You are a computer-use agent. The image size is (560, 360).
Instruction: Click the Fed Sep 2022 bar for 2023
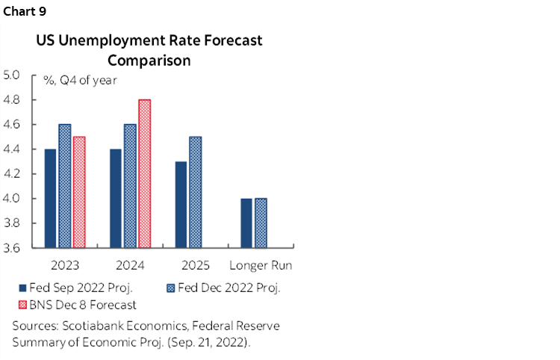click(x=50, y=198)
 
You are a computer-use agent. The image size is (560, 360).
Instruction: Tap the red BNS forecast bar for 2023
click(x=80, y=192)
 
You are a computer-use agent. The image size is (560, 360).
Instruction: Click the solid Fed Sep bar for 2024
click(x=116, y=198)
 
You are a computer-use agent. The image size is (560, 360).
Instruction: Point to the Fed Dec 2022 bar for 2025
click(x=195, y=192)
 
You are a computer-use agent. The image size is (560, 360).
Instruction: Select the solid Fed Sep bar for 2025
click(x=180, y=204)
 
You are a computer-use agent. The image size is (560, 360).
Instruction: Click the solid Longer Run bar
click(x=246, y=223)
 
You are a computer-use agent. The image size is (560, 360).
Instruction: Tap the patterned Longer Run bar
click(x=261, y=223)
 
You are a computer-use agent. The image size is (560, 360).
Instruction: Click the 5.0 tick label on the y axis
click(x=12, y=75)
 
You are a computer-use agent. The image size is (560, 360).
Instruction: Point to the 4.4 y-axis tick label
click(x=12, y=149)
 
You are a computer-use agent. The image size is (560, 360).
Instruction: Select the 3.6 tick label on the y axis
click(x=12, y=248)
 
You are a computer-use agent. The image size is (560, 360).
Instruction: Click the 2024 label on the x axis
click(x=130, y=265)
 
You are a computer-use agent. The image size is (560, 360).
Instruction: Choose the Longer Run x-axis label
click(x=261, y=265)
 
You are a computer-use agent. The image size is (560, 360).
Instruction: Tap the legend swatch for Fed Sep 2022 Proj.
click(x=22, y=288)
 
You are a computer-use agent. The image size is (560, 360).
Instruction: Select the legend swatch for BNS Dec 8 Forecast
click(x=22, y=304)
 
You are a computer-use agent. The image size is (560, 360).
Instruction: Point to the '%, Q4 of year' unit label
click(x=74, y=81)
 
